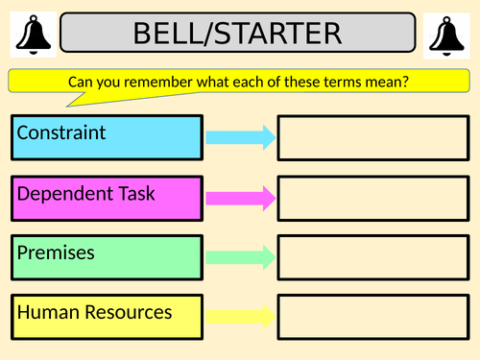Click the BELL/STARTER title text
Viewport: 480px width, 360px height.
pyautogui.click(x=237, y=35)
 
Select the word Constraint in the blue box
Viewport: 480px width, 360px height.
pyautogui.click(x=60, y=132)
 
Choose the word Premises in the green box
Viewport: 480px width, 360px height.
pyautogui.click(x=56, y=252)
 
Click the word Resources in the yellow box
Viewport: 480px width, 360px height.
pyautogui.click(x=128, y=312)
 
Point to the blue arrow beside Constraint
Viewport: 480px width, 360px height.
pyautogui.click(x=241, y=137)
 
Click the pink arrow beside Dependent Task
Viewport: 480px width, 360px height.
pyautogui.click(x=241, y=199)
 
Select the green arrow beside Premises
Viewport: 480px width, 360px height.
pyautogui.click(x=241, y=257)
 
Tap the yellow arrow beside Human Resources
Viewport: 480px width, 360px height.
pyautogui.click(x=241, y=317)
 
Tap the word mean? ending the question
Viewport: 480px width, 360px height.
pyautogui.click(x=390, y=83)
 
